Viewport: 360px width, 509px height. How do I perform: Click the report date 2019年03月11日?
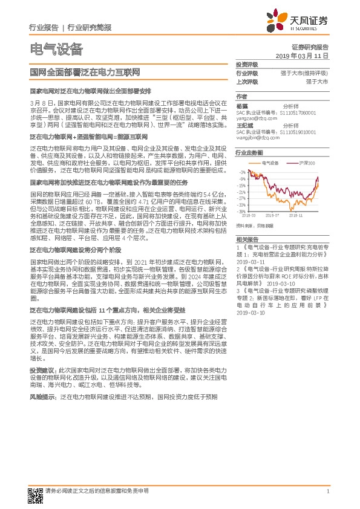[306, 55]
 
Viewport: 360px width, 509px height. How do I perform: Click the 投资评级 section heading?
[246, 65]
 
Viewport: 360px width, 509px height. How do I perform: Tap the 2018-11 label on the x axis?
[295, 214]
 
